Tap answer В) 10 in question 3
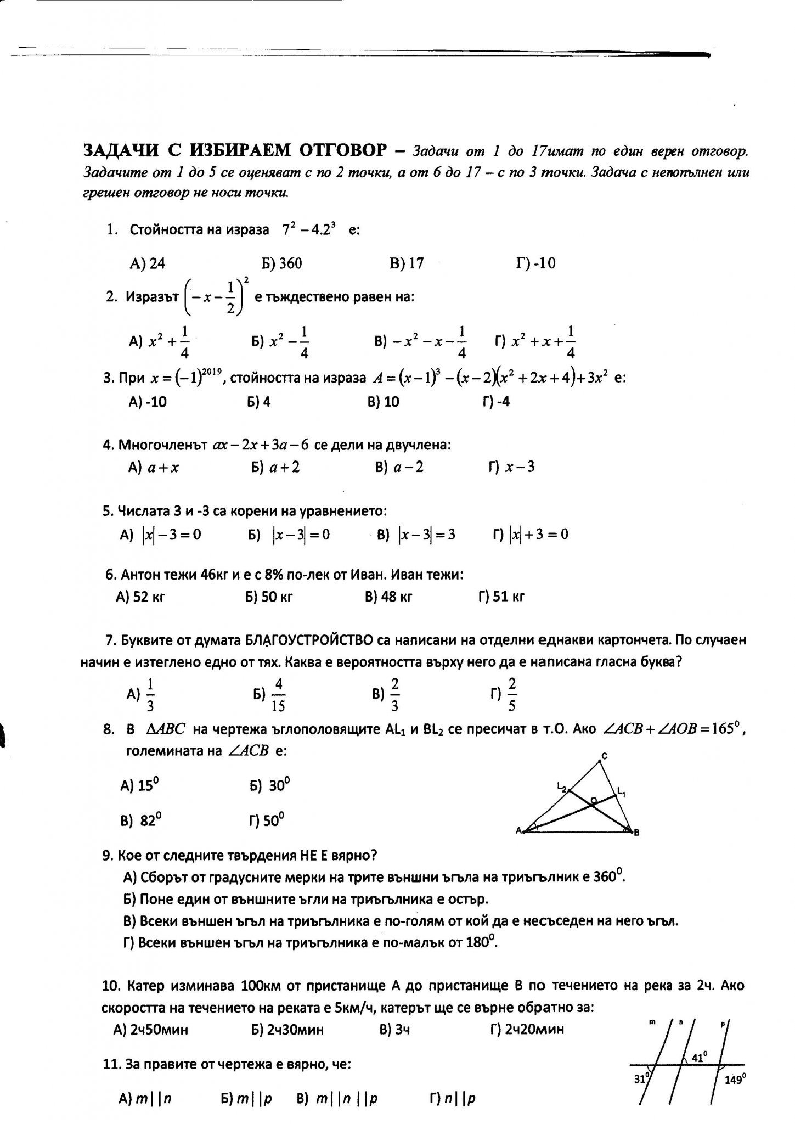coord(384,402)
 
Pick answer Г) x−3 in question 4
coord(511,467)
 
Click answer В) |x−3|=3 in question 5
coord(416,535)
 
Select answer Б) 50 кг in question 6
coord(269,597)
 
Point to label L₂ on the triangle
coord(561,789)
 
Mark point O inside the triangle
coord(593,802)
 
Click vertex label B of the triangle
coord(636,833)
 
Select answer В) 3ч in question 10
coord(394,1029)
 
